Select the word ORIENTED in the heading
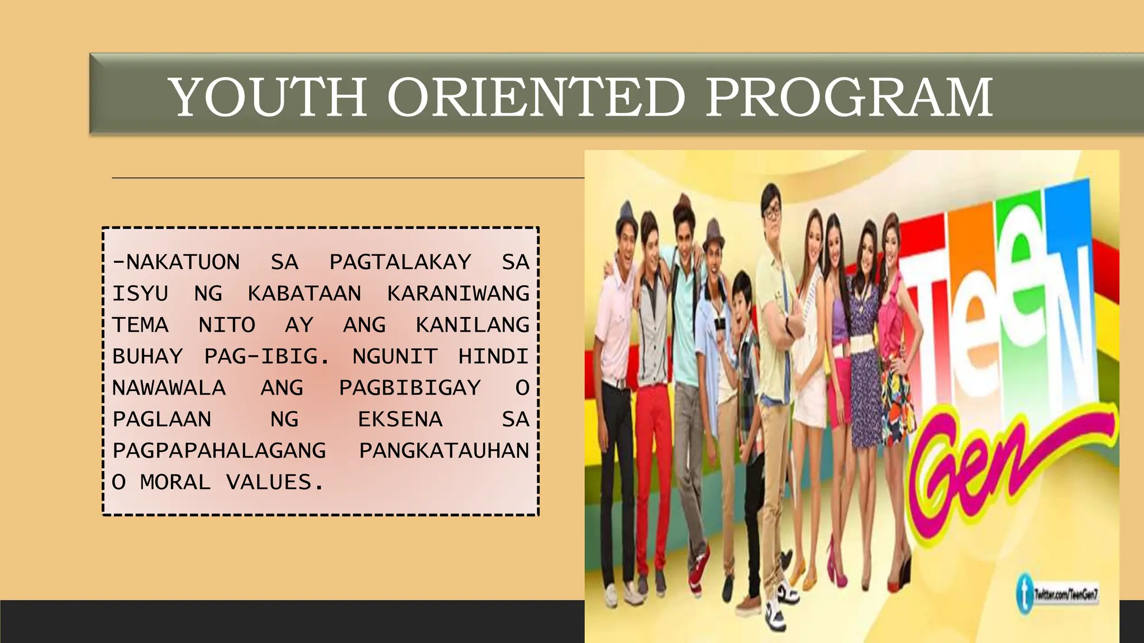click(x=536, y=97)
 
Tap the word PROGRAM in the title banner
click(x=849, y=97)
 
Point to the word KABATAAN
click(x=304, y=294)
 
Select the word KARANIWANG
click(x=458, y=294)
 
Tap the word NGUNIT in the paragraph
click(x=395, y=356)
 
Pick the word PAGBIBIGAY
click(x=409, y=387)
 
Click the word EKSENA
click(x=400, y=419)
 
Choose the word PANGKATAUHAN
click(x=444, y=450)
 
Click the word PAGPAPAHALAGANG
click(x=219, y=450)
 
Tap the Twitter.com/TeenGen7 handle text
click(x=1066, y=594)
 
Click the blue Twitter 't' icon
click(x=1024, y=593)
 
